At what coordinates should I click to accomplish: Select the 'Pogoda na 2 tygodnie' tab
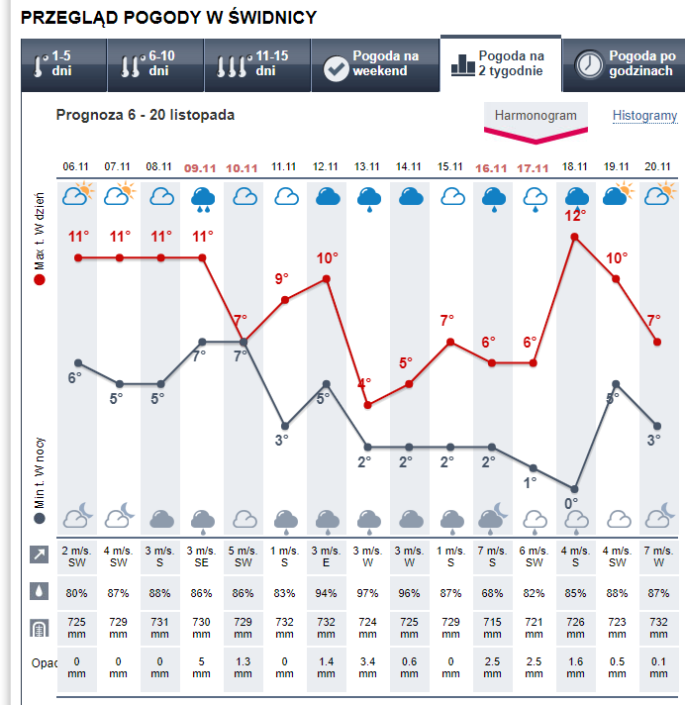pyautogui.click(x=501, y=64)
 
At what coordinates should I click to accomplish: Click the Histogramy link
pyautogui.click(x=644, y=116)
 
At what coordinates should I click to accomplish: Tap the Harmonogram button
pyautogui.click(x=536, y=116)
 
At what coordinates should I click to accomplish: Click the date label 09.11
pyautogui.click(x=202, y=167)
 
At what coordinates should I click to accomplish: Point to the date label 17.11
pyautogui.click(x=535, y=167)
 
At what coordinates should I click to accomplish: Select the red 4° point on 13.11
pyautogui.click(x=368, y=404)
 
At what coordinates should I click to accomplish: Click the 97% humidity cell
pyautogui.click(x=368, y=592)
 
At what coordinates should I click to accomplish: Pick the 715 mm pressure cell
pyautogui.click(x=493, y=629)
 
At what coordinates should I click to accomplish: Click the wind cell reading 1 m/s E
pyautogui.click(x=327, y=556)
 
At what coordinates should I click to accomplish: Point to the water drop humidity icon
pyautogui.click(x=38, y=591)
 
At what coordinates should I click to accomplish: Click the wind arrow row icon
pyautogui.click(x=38, y=555)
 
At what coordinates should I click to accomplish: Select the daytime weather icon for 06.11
pyautogui.click(x=77, y=195)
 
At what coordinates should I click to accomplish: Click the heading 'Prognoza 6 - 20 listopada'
pyautogui.click(x=146, y=115)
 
